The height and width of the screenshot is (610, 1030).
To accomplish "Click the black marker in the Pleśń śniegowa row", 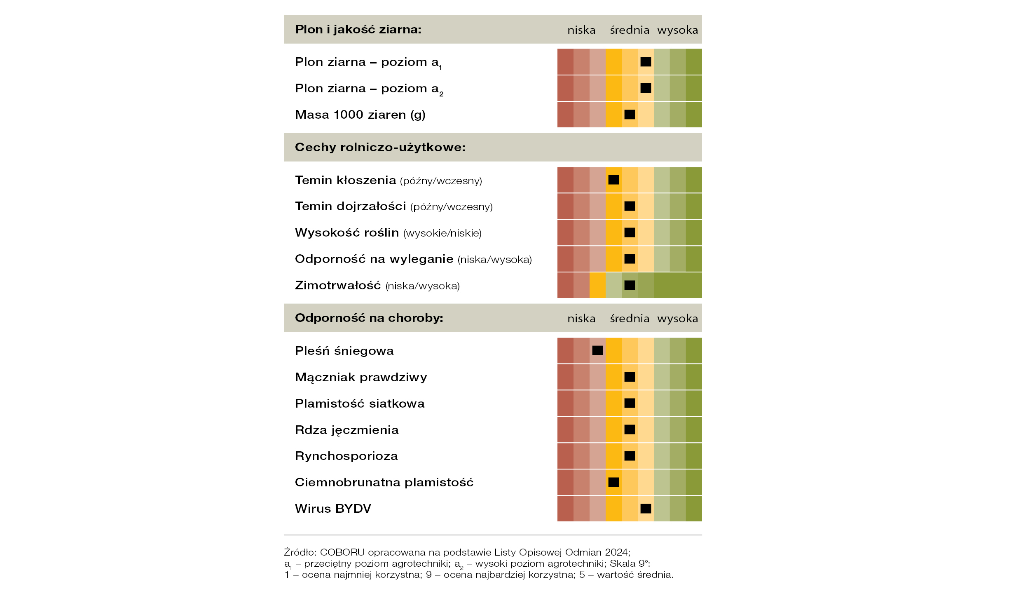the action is tap(597, 350).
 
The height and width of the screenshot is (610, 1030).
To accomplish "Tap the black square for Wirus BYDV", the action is tap(646, 509).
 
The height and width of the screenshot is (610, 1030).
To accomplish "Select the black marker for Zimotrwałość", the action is tap(630, 285).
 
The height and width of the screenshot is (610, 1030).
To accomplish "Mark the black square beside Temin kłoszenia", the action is tap(613, 180).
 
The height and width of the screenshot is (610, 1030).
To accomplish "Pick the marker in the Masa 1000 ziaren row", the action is tap(630, 115).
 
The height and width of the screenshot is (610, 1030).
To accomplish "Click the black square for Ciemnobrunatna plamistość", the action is tap(613, 482).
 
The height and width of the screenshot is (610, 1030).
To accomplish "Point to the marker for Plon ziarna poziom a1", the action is tap(646, 62).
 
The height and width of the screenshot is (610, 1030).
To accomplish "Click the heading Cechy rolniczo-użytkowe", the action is tap(380, 148).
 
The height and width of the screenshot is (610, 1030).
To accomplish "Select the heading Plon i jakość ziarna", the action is tap(358, 30).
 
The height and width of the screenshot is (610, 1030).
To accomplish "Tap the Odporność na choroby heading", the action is tap(369, 318).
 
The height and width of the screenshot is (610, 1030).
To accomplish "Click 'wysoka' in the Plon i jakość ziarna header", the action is tap(677, 30).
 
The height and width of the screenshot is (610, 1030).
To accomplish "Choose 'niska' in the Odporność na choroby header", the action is tap(581, 319).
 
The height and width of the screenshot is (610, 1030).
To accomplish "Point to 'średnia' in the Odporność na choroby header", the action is tap(630, 319).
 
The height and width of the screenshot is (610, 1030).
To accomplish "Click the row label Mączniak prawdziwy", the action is tap(361, 378).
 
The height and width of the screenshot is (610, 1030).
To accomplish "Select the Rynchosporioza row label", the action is tap(346, 456).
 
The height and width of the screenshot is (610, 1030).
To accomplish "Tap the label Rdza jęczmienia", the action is tap(346, 430).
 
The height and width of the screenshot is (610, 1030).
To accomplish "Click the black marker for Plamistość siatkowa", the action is tap(630, 403).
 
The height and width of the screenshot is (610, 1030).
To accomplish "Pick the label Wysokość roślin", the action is tap(346, 233).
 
